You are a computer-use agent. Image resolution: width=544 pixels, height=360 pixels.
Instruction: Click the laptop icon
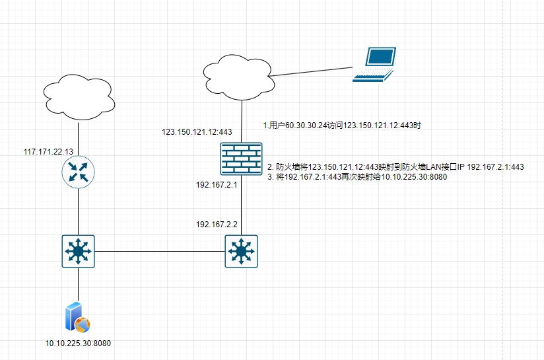point(374,64)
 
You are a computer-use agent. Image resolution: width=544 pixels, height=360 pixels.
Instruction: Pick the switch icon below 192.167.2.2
point(241,251)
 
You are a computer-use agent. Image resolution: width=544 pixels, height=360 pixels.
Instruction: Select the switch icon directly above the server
point(79,251)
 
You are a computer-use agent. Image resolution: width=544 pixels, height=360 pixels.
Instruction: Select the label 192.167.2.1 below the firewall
point(215,185)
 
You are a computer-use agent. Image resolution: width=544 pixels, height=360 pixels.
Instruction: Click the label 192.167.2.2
point(216,225)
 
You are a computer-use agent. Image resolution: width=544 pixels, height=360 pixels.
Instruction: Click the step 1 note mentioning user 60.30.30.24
point(342,124)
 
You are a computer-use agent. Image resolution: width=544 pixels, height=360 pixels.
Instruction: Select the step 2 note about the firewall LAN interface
point(395,167)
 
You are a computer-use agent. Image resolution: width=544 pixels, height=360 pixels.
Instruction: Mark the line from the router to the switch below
point(79,211)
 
